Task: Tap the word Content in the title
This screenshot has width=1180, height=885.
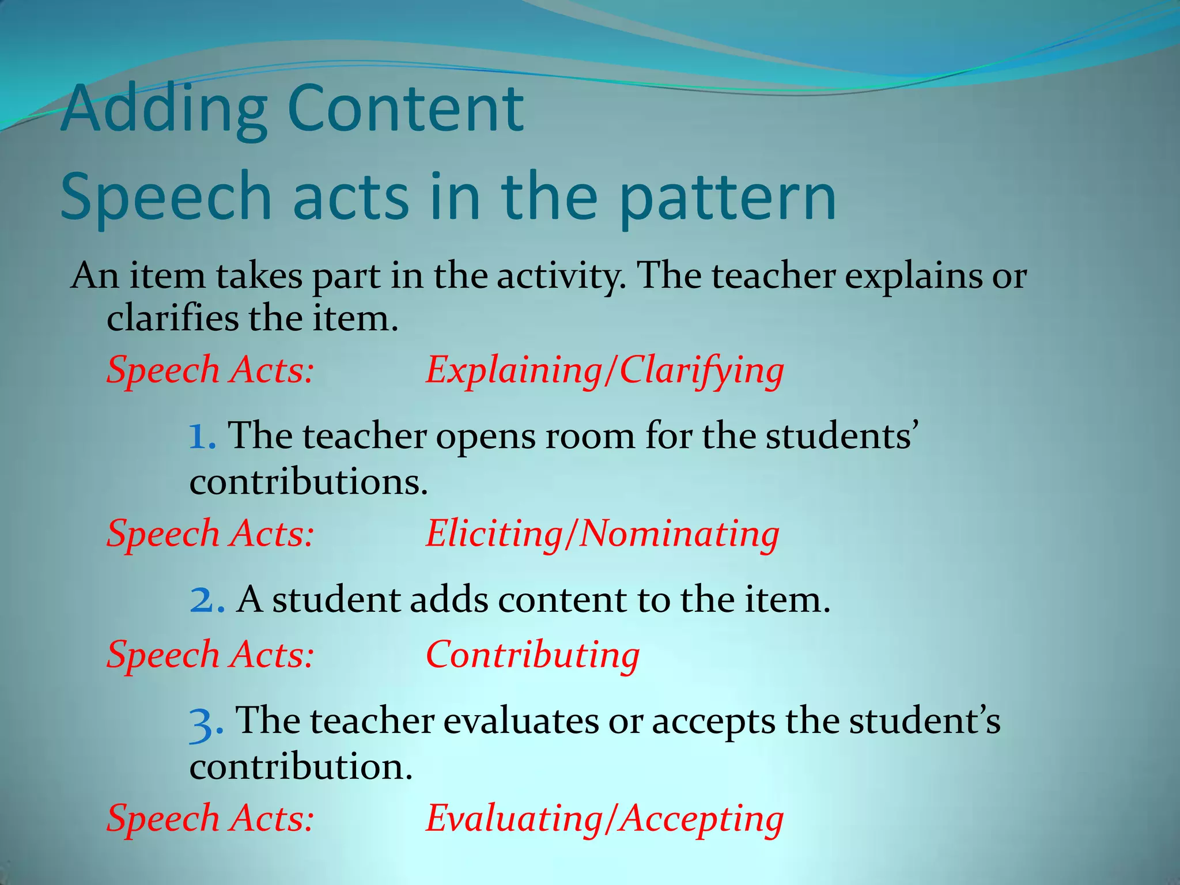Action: (x=405, y=108)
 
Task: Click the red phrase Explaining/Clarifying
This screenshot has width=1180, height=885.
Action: (x=604, y=370)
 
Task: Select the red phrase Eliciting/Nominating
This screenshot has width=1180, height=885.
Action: (x=602, y=534)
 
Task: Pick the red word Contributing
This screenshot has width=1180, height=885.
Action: (x=532, y=656)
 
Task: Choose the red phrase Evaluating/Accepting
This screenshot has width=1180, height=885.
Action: (x=604, y=819)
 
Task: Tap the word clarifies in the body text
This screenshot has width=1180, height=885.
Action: (x=173, y=319)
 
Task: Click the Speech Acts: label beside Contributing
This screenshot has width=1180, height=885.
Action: (x=210, y=656)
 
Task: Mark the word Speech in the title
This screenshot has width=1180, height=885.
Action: (x=165, y=197)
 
